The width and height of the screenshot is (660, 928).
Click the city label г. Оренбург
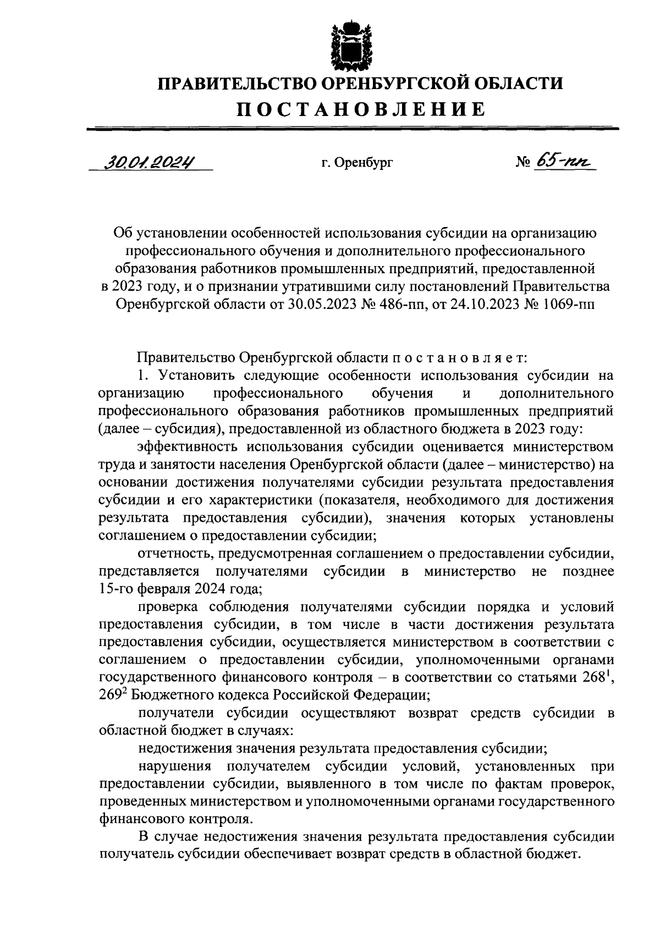pyautogui.click(x=356, y=163)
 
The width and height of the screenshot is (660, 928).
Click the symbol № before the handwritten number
pyautogui.click(x=523, y=163)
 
